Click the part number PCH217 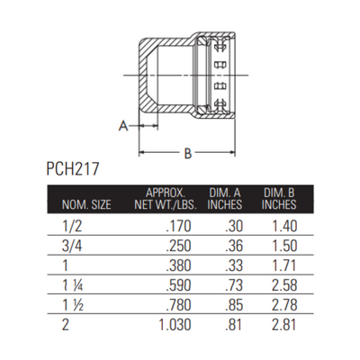[76, 169]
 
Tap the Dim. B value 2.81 [284, 324]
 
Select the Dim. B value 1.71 [284, 265]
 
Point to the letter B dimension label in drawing [187, 154]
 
